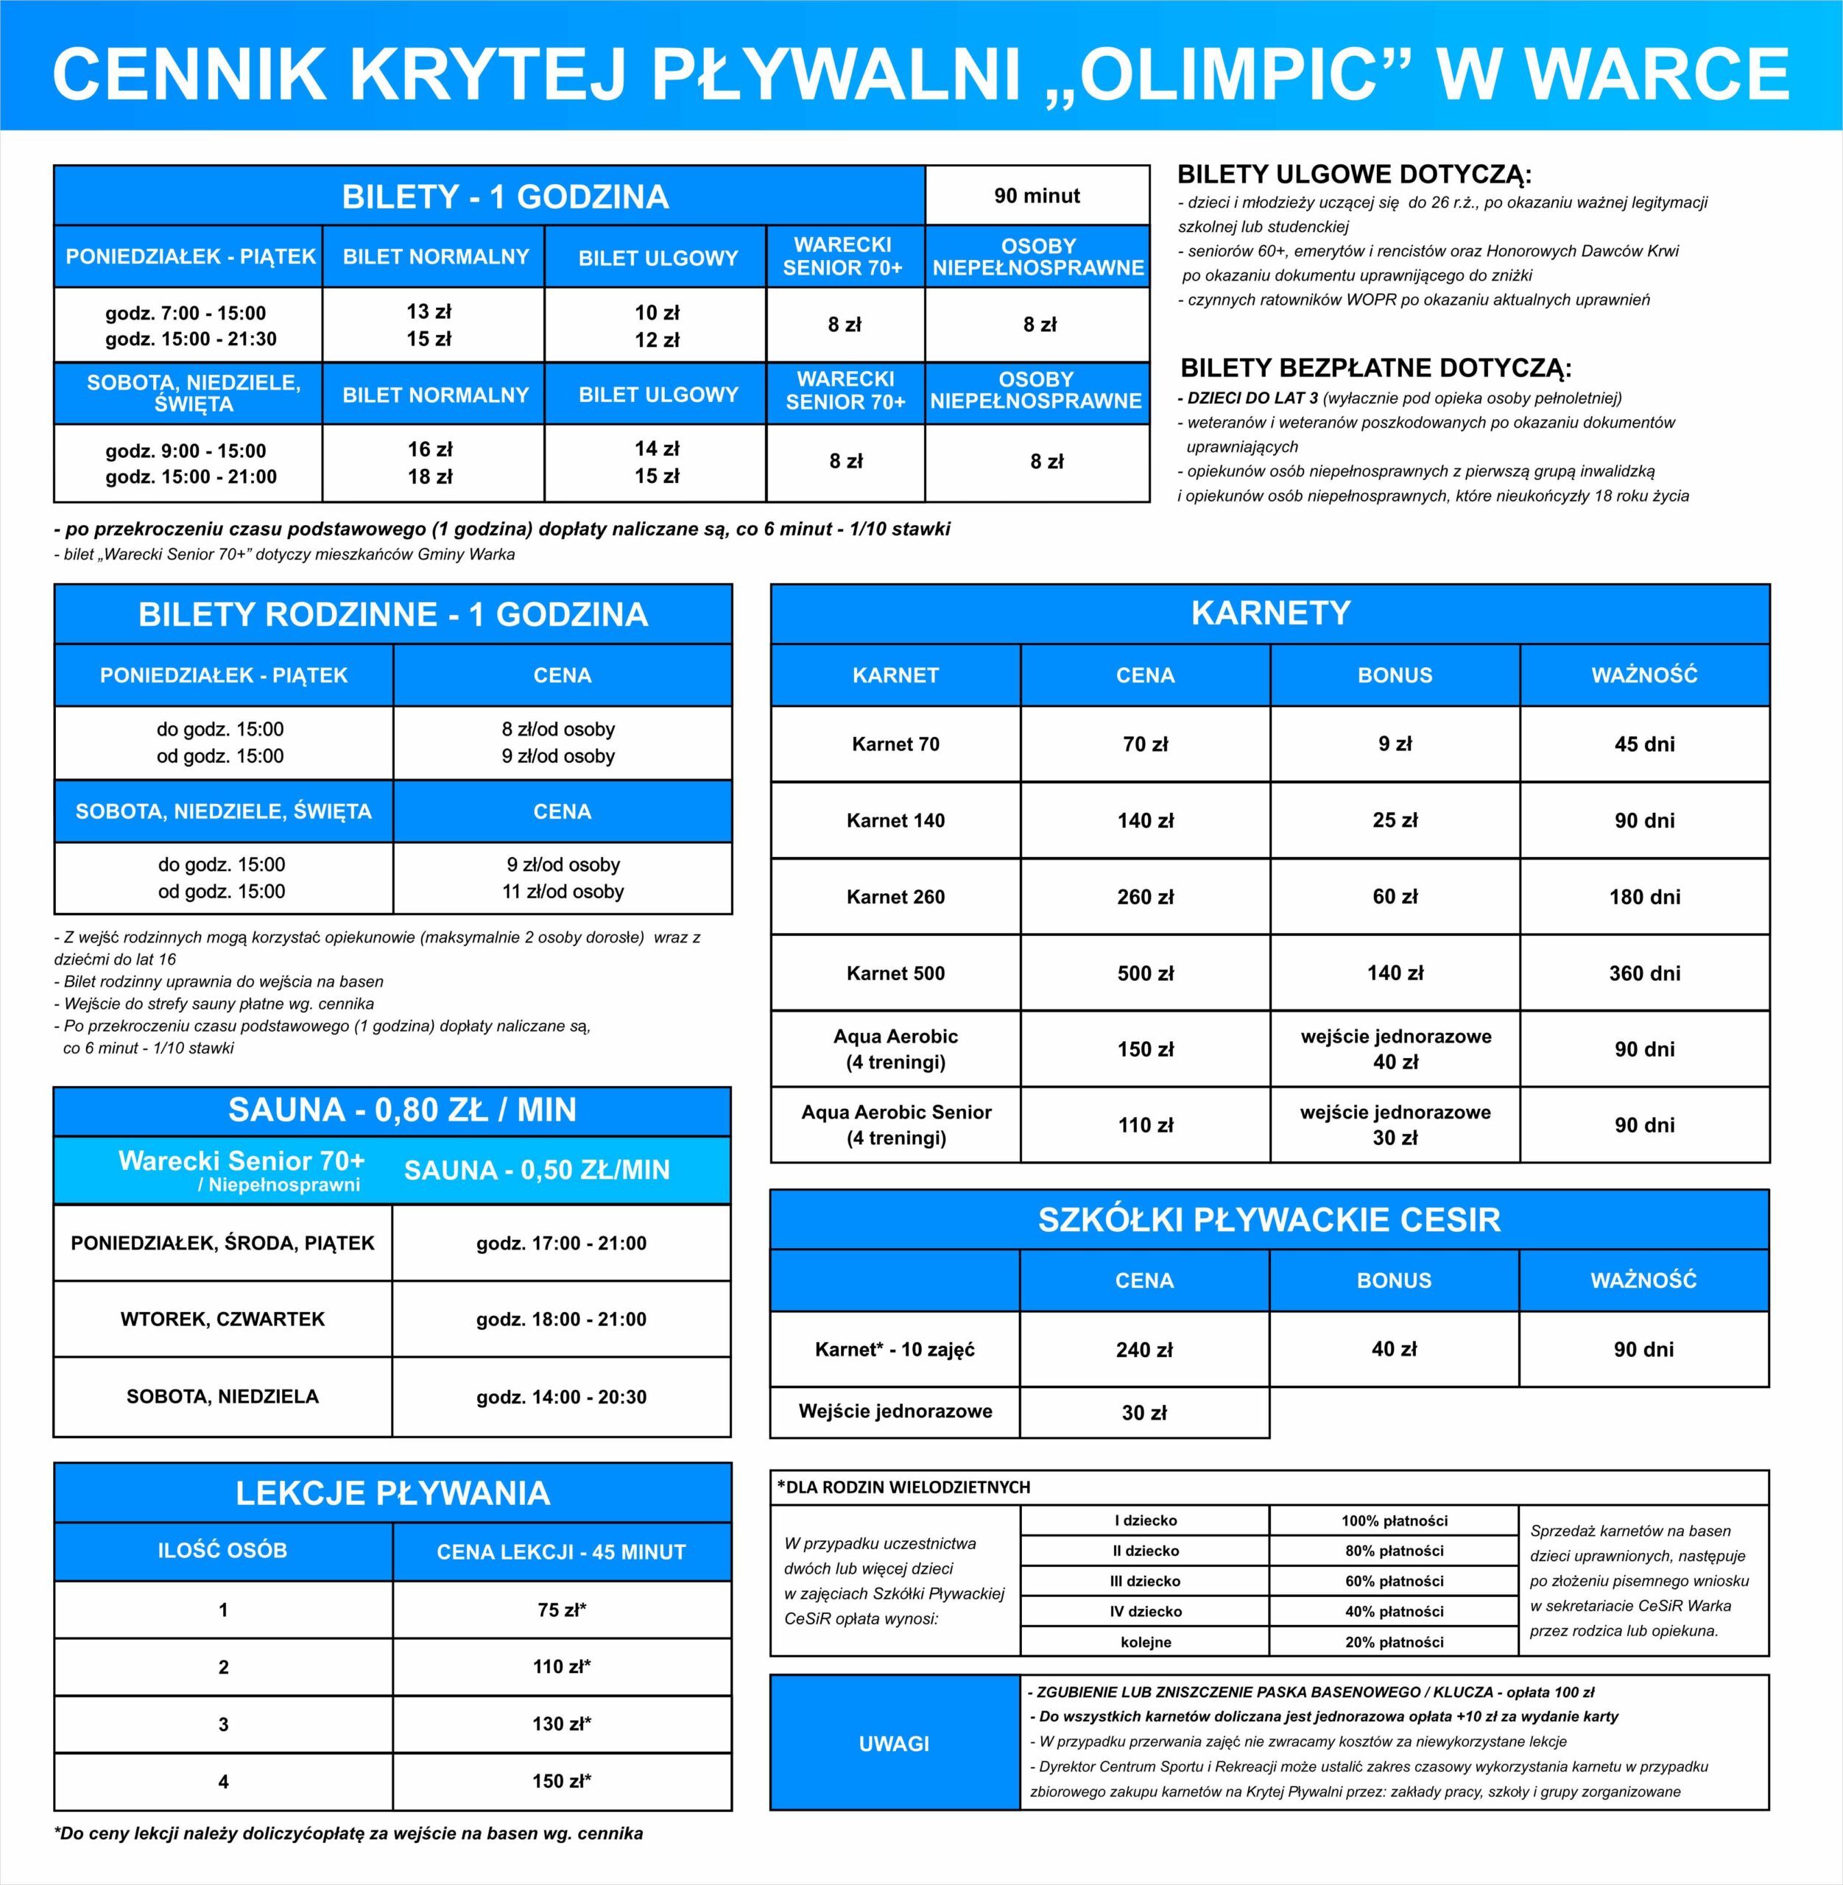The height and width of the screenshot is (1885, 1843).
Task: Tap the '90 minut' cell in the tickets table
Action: pyautogui.click(x=1037, y=196)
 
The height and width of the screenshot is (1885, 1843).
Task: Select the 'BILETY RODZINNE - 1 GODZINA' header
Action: pyautogui.click(x=393, y=614)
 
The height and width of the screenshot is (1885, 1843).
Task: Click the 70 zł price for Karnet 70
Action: pyautogui.click(x=1145, y=744)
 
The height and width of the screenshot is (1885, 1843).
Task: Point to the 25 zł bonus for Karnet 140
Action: pyautogui.click(x=1394, y=820)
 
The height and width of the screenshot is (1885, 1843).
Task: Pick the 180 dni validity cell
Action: pyautogui.click(x=1643, y=897)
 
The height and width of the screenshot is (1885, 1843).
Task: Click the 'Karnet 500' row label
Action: pyautogui.click(x=895, y=973)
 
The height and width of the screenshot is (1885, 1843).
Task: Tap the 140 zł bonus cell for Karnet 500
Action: pyautogui.click(x=1394, y=972)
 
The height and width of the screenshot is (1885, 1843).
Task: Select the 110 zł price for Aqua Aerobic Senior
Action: pyautogui.click(x=1145, y=1125)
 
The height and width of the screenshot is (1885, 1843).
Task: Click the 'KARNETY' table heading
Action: pyautogui.click(x=1270, y=613)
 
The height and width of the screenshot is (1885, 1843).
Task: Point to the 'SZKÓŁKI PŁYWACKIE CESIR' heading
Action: pyautogui.click(x=1269, y=1219)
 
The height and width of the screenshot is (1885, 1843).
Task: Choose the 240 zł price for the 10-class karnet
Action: pyautogui.click(x=1144, y=1350)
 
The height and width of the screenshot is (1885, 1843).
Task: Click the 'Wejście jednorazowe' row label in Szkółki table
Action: pyautogui.click(x=895, y=1411)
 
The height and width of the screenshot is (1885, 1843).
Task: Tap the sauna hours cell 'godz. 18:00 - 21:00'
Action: pyautogui.click(x=561, y=1319)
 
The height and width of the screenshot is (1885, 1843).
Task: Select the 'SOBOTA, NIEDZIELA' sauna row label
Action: pyautogui.click(x=222, y=1396)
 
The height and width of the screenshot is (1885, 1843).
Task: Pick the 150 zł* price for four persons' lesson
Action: pyautogui.click(x=561, y=1780)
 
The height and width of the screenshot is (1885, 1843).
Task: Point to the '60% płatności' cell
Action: pyautogui.click(x=1394, y=1581)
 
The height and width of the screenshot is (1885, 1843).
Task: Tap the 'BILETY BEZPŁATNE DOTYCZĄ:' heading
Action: pyautogui.click(x=1375, y=368)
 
